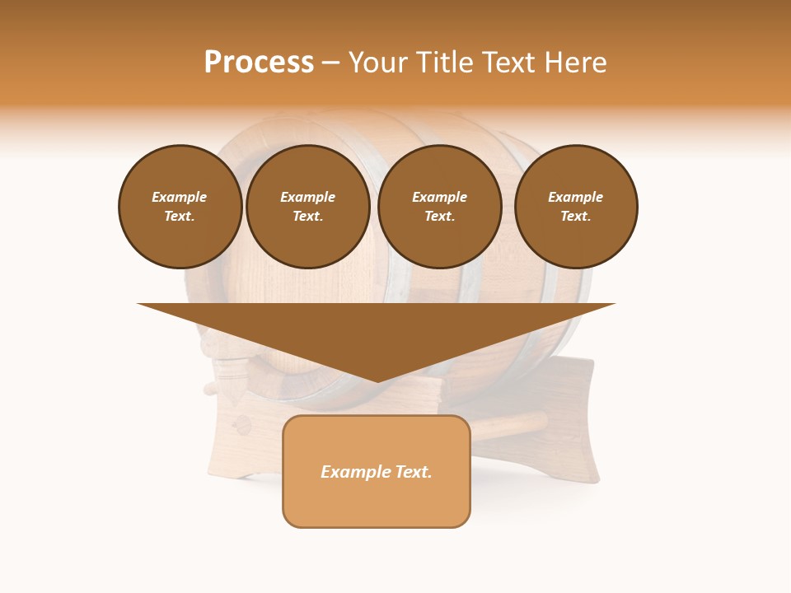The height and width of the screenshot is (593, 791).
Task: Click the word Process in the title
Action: click(259, 63)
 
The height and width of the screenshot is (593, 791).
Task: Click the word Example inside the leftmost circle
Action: click(180, 197)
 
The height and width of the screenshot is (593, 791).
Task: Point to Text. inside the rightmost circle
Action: click(575, 216)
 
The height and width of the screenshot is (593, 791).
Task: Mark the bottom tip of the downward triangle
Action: click(377, 381)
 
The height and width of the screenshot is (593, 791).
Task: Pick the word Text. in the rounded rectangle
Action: click(413, 472)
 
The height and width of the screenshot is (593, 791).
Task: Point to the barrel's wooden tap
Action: click(227, 371)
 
